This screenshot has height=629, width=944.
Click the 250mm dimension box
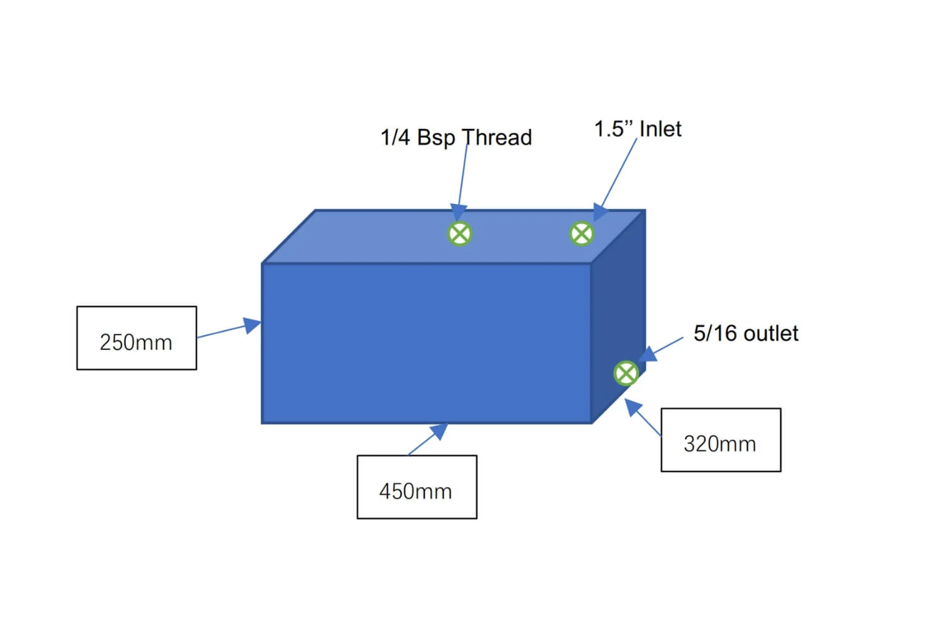(137, 338)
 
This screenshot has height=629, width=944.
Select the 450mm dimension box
(417, 487)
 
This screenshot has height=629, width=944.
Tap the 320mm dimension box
(721, 440)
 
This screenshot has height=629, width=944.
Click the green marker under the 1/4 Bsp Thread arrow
(460, 234)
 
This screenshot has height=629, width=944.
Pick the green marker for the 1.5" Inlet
(582, 234)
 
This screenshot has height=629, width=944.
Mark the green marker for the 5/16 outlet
(626, 374)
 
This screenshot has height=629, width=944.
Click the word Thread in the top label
(497, 137)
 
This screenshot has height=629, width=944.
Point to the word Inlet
(660, 129)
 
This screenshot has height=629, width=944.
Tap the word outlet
(771, 333)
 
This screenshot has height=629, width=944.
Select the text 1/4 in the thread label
(395, 137)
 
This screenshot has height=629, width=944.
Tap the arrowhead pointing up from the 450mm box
(439, 431)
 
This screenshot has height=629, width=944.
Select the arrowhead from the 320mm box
(632, 407)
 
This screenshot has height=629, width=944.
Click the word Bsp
(435, 137)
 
